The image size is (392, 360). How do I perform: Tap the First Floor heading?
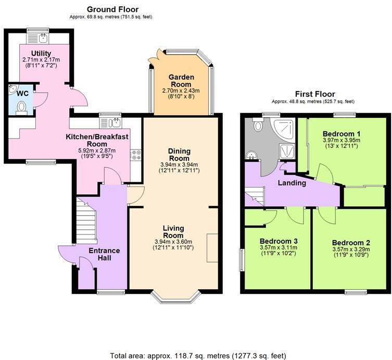point(315,94)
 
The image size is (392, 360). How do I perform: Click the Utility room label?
point(41,53)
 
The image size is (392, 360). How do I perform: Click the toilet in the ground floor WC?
point(21,107)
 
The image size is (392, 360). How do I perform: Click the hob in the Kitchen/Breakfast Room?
point(136,154)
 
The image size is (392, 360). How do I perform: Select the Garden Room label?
point(181,81)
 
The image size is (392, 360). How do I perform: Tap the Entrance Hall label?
point(104,254)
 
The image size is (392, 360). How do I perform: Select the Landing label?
point(291,183)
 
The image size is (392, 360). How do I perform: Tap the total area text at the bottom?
point(198,355)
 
